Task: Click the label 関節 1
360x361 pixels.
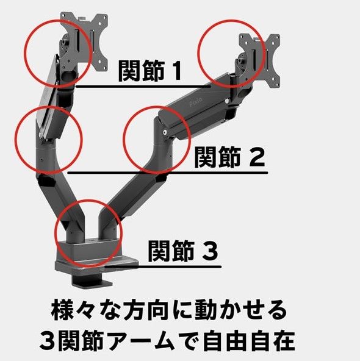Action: click(x=149, y=71)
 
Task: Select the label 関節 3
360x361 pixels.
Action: click(x=182, y=251)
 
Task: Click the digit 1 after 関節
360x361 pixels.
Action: click(x=175, y=71)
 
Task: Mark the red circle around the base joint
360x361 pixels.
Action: click(x=88, y=232)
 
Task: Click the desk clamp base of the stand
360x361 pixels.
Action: click(x=92, y=268)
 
